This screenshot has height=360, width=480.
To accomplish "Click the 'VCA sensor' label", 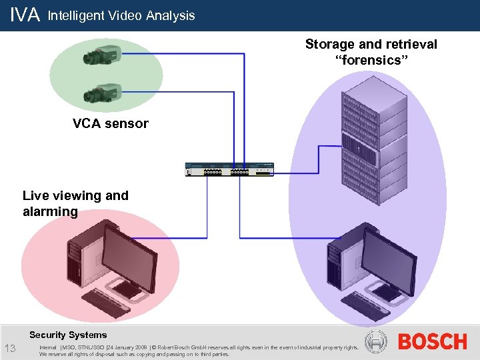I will [x=111, y=123].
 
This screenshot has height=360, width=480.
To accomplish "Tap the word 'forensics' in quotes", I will [x=371, y=61].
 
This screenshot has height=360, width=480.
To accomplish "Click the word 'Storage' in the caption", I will [x=330, y=45].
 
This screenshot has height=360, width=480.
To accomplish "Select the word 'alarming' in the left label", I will [x=50, y=212].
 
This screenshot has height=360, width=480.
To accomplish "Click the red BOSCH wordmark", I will [x=432, y=342].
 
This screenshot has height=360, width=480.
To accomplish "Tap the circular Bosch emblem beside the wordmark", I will [x=378, y=342].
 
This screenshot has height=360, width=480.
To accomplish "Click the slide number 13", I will [x=11, y=348].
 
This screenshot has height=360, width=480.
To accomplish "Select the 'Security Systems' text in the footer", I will [x=68, y=335].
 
